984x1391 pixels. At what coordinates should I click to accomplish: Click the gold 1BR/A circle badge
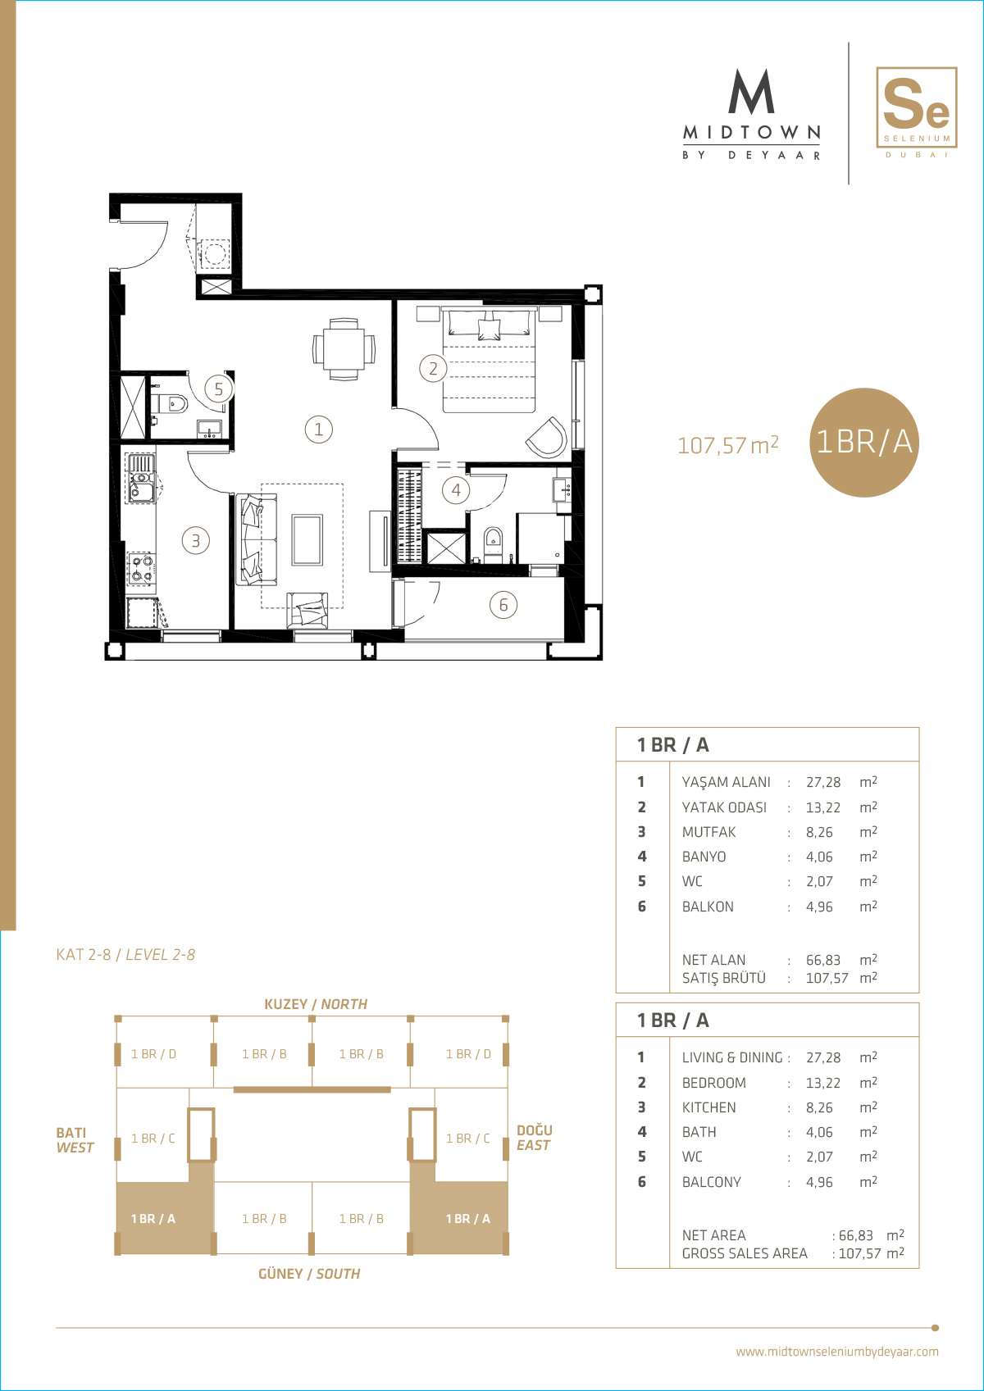(x=863, y=442)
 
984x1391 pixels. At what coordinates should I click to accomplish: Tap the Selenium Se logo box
(x=916, y=107)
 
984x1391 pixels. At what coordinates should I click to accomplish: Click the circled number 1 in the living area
(x=319, y=429)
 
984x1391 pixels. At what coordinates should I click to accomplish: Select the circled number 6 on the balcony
(x=503, y=604)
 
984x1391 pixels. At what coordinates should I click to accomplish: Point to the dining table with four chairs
(x=344, y=349)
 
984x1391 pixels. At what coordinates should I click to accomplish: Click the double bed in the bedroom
(x=489, y=359)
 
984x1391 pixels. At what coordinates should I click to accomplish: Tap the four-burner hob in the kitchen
(x=141, y=569)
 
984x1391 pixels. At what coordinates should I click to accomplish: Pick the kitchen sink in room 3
(x=141, y=478)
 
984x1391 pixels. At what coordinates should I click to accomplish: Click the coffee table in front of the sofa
(x=307, y=539)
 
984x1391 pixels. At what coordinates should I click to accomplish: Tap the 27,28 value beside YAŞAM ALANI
(x=823, y=783)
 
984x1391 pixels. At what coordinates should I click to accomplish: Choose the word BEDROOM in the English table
(x=713, y=1082)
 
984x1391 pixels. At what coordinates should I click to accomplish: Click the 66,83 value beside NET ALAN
(x=823, y=959)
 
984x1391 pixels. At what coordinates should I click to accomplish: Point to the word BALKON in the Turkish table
(x=708, y=907)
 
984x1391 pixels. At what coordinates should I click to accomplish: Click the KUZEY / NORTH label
(x=316, y=1004)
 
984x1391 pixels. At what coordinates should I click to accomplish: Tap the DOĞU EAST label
(x=535, y=1138)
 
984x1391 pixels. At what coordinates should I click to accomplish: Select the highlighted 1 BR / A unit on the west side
(x=153, y=1218)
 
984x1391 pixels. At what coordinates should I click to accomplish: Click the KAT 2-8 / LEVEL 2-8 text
(x=125, y=954)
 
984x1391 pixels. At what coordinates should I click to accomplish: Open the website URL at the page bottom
(x=836, y=1352)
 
